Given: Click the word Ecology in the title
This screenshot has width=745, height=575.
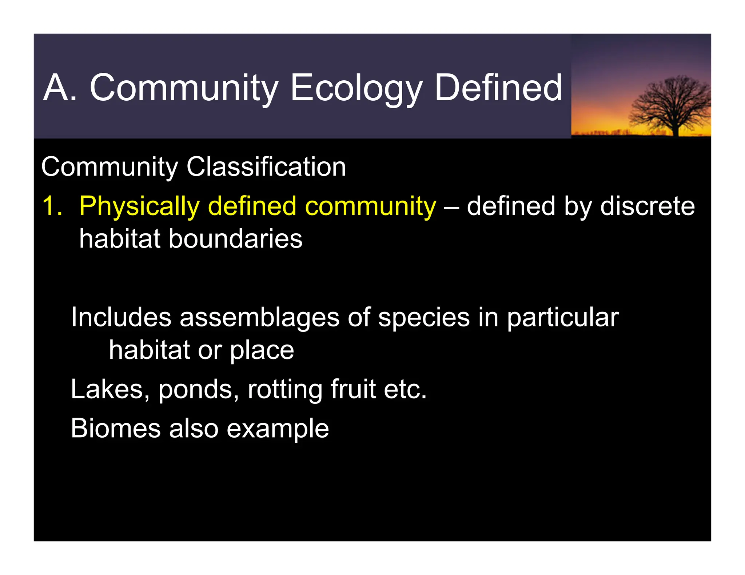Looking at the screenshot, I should [x=356, y=88].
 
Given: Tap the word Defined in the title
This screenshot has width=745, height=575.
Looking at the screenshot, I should [x=498, y=88].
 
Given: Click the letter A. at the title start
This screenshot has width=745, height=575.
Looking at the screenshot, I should [x=60, y=88].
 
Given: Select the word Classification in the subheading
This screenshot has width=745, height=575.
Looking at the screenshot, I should [x=266, y=167].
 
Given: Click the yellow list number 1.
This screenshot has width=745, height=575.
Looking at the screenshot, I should [x=52, y=206].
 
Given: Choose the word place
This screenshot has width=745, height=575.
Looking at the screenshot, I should [x=262, y=351].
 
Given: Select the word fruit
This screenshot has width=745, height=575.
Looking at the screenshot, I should [x=353, y=389].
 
